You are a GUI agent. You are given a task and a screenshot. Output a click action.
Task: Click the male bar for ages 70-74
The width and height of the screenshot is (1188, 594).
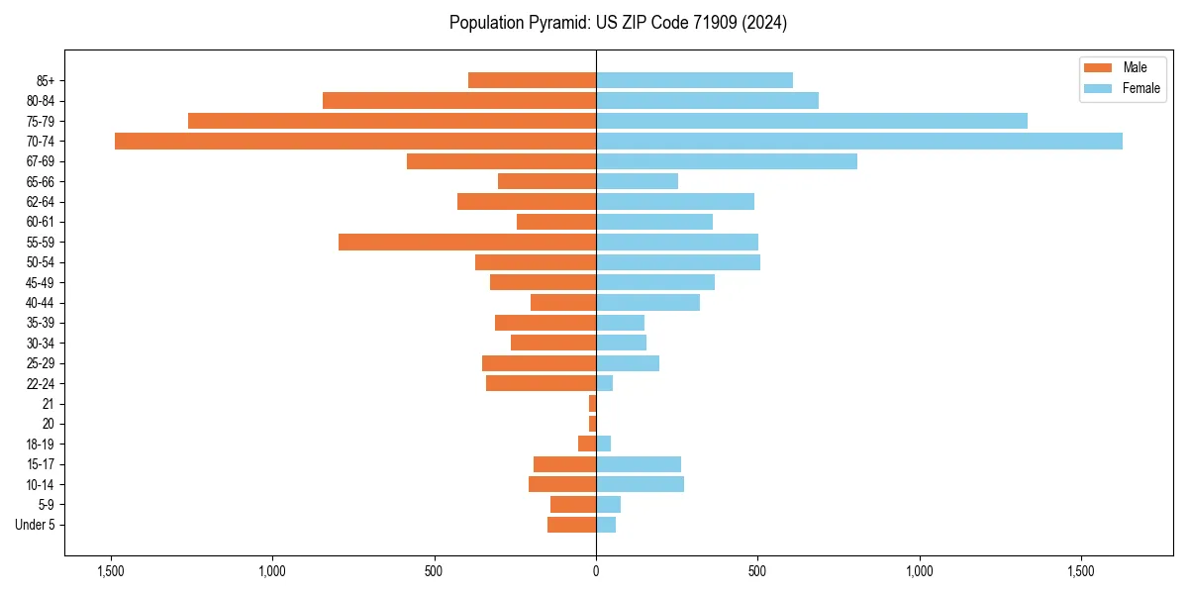[x=355, y=141]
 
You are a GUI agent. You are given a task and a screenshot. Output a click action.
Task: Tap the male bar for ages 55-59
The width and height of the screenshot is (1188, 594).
[x=467, y=242]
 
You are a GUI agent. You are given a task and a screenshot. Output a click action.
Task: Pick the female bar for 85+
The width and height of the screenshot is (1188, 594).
[x=694, y=80]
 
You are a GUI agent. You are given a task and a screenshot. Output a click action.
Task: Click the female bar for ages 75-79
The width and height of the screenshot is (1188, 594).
[x=812, y=121]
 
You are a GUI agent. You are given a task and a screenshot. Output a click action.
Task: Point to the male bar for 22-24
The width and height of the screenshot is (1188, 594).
[x=541, y=383]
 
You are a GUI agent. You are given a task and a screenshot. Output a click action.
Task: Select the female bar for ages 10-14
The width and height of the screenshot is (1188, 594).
[x=640, y=484]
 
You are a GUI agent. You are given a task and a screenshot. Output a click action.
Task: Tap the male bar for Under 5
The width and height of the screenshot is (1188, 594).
[x=571, y=525]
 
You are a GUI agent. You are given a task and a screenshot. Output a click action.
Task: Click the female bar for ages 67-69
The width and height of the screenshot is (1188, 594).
[x=727, y=161]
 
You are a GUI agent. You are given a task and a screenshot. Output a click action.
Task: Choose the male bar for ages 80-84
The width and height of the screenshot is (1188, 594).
[x=459, y=100]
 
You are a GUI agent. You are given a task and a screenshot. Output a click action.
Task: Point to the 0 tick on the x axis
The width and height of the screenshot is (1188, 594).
[x=596, y=571]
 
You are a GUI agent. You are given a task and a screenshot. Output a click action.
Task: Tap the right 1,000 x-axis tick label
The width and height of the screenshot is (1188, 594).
[x=920, y=571]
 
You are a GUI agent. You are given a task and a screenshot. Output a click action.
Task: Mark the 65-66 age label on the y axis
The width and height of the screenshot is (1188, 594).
[x=41, y=181]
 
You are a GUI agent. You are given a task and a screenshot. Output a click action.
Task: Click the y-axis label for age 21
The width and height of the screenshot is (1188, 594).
[x=49, y=404]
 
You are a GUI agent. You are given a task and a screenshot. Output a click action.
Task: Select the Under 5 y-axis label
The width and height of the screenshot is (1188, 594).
[x=36, y=525]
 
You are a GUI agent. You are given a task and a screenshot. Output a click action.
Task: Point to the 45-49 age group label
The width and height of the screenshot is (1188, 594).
[x=41, y=282]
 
